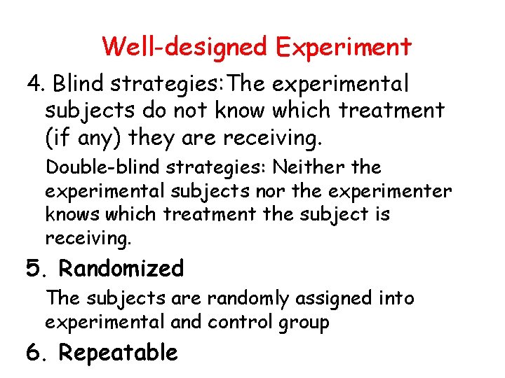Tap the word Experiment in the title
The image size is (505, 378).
click(343, 47)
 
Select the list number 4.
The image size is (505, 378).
click(35, 85)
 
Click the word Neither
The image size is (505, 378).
click(306, 167)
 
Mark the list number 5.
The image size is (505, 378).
click(35, 268)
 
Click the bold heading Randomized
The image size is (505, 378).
click(121, 268)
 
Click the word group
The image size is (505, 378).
click(303, 323)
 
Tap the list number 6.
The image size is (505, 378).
click(35, 352)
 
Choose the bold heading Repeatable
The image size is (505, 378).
click(119, 352)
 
